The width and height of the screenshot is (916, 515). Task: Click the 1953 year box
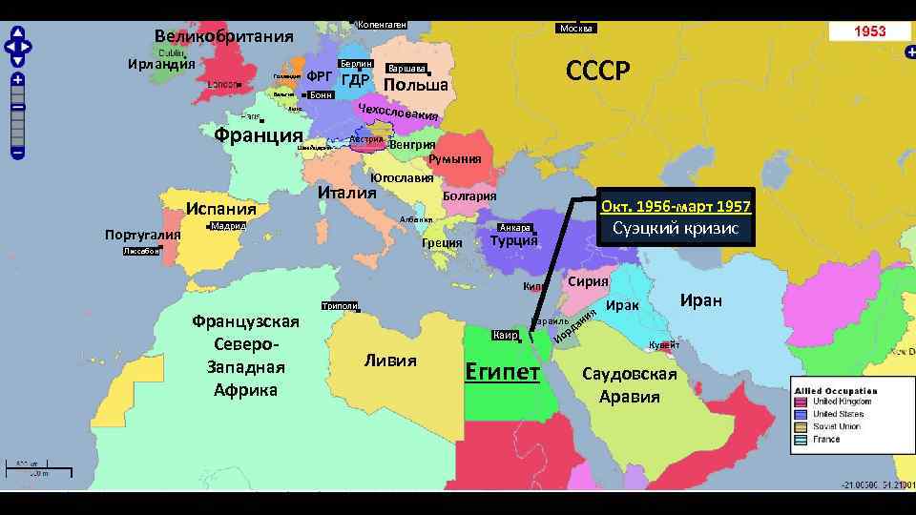point(869,31)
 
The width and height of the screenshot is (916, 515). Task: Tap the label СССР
point(598,72)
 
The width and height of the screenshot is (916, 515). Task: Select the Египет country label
point(502,371)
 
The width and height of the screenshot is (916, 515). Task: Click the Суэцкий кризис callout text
point(676,229)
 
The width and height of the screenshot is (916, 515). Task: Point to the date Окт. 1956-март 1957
point(676,206)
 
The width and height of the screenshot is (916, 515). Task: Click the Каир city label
point(506,336)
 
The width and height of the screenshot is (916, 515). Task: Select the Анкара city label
point(515,228)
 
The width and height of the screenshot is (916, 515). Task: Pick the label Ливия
point(390,360)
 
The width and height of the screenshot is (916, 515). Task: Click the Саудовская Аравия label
point(630,384)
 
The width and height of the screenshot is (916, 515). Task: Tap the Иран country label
point(700,300)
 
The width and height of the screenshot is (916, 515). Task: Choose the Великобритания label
point(224,37)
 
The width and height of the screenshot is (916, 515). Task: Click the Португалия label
point(142,236)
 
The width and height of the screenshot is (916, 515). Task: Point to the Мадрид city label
point(228,226)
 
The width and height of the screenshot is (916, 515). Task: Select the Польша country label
point(416,86)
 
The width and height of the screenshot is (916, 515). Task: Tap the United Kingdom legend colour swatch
point(800,402)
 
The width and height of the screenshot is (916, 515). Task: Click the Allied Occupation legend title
point(836,391)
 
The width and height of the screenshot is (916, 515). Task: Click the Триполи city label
point(340,306)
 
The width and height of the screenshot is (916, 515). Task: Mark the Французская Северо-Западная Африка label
point(245,356)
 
